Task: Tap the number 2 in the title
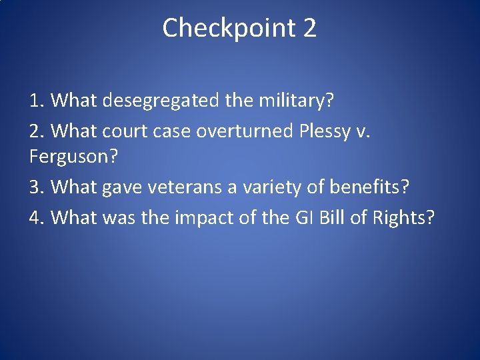tap(309, 28)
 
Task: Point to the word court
tap(126, 131)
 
